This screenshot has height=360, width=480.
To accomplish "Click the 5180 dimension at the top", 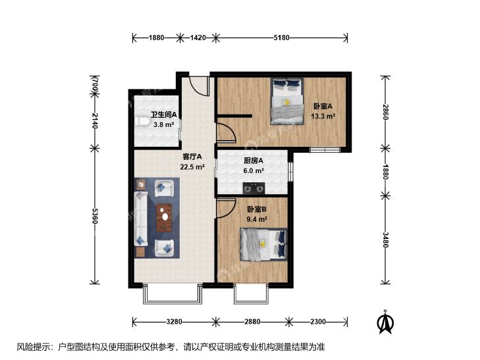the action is coord(281,38).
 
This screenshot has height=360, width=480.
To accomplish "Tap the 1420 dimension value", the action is coord(198,38).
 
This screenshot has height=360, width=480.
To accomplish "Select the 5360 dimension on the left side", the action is coord(95,216).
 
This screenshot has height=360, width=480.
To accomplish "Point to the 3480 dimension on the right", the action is coord(385,240).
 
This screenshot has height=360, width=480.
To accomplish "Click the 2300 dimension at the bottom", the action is coord(318,321).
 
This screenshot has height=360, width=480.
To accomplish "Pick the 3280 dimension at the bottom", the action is coord(174,321).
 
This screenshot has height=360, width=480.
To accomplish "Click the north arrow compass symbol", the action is coord(386,322).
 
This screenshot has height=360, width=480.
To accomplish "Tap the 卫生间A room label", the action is coord(164,115).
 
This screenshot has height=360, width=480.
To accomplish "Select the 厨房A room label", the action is coord(253,161).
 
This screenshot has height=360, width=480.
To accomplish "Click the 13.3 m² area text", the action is coord(323,116).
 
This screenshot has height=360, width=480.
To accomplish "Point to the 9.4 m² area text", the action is coord(257,219).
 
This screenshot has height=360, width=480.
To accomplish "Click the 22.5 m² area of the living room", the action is coord(192,167).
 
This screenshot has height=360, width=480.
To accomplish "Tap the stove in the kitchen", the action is coord(253,188).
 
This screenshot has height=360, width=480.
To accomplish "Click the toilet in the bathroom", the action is coord(142,121).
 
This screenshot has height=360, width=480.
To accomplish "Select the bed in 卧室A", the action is coord(287,101).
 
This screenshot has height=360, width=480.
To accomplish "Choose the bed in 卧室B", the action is coord(263,245).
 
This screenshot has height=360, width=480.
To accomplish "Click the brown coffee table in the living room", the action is coord(164,217).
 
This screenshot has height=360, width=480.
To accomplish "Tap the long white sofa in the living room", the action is coord(141,219).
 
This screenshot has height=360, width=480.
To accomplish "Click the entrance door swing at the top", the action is coord(200,86).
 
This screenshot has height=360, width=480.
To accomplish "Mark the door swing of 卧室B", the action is coord(227,208).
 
